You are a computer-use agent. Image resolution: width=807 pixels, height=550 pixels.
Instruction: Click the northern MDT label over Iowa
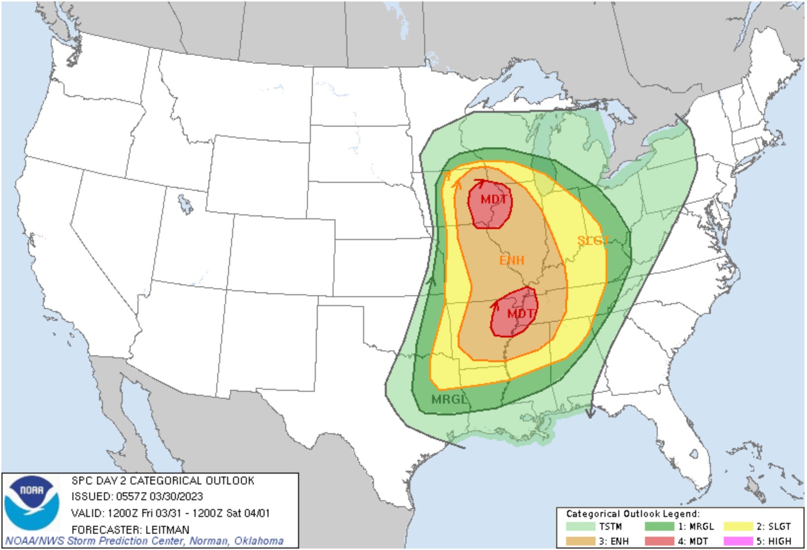(x=494, y=200)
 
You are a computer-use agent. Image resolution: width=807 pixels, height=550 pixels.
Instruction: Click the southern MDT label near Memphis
(x=520, y=314)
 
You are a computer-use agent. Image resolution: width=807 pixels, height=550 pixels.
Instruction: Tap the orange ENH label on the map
(x=512, y=260)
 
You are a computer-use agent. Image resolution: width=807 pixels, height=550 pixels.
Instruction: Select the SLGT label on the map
(x=594, y=241)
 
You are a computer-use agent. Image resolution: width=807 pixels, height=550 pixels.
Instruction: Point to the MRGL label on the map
(x=449, y=399)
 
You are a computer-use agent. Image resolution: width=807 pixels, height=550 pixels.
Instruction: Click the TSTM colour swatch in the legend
(x=580, y=526)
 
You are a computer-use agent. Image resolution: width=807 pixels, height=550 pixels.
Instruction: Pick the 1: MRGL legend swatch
(x=659, y=526)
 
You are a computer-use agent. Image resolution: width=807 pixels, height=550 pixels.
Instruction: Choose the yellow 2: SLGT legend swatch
(x=738, y=526)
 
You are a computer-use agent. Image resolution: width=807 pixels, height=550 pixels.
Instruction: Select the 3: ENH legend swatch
(x=580, y=541)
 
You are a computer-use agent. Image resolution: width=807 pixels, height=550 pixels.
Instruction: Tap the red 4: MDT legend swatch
(x=659, y=541)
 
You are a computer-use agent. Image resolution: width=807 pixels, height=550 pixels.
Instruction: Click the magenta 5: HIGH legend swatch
(x=738, y=541)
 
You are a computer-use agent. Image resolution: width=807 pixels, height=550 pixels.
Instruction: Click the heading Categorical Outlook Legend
(x=633, y=514)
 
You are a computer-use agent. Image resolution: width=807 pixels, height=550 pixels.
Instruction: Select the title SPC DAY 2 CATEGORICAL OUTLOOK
(x=163, y=481)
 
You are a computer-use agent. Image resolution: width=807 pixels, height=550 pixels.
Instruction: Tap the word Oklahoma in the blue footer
(x=259, y=541)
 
